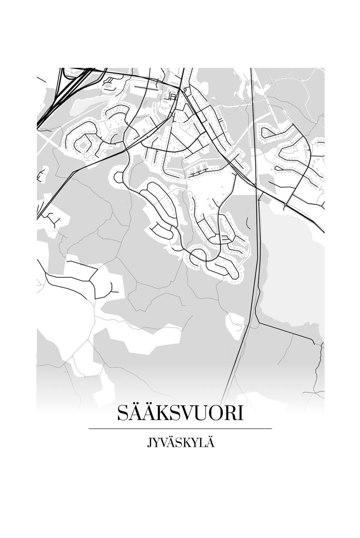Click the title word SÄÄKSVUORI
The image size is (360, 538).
(x=180, y=414)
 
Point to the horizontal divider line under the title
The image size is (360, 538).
(x=180, y=429)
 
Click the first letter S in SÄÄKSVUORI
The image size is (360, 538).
(x=123, y=414)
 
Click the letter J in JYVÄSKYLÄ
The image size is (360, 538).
(x=149, y=443)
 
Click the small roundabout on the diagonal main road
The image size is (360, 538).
(x=286, y=204)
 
